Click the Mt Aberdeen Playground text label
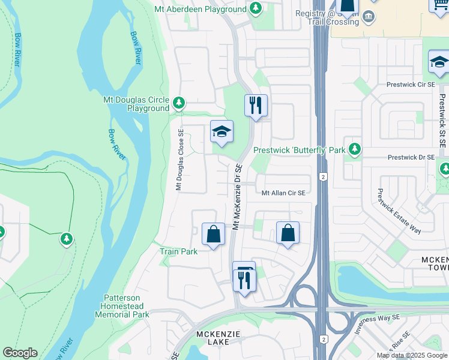tap(200, 9)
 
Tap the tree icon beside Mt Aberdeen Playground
tap(256, 8)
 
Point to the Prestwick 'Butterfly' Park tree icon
tap(355, 148)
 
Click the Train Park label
tap(179, 251)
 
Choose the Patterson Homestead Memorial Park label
tap(126, 306)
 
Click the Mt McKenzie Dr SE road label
tap(237, 197)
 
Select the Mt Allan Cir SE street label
tap(284, 193)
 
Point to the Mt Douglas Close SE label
tap(179, 160)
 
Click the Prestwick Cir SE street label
tap(411, 85)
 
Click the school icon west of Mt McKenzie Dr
tap(221, 133)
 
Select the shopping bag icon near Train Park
tap(213, 235)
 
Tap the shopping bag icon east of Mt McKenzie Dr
tap(288, 233)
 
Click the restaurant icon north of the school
tap(256, 106)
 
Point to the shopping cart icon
tap(440, 5)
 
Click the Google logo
tap(20, 353)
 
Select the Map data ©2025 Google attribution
tap(411, 355)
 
